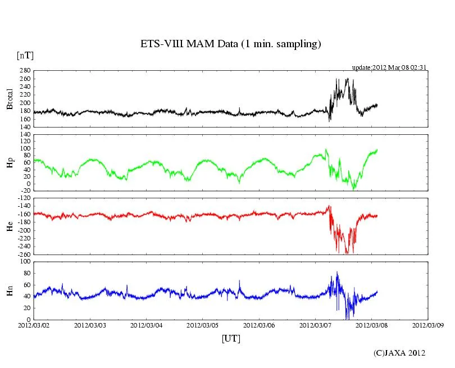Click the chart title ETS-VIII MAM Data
[230, 44]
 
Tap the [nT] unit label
[25, 56]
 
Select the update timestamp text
[389, 67]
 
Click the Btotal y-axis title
[9, 99]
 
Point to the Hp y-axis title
[9, 162]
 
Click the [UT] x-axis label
[231, 338]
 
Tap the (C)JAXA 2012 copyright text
[399, 353]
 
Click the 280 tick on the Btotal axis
[25, 71]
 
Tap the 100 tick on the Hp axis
[25, 149]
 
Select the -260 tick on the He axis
[24, 255]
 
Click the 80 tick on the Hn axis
[26, 274]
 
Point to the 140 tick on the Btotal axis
[25, 128]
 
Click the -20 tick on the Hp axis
[25, 191]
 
